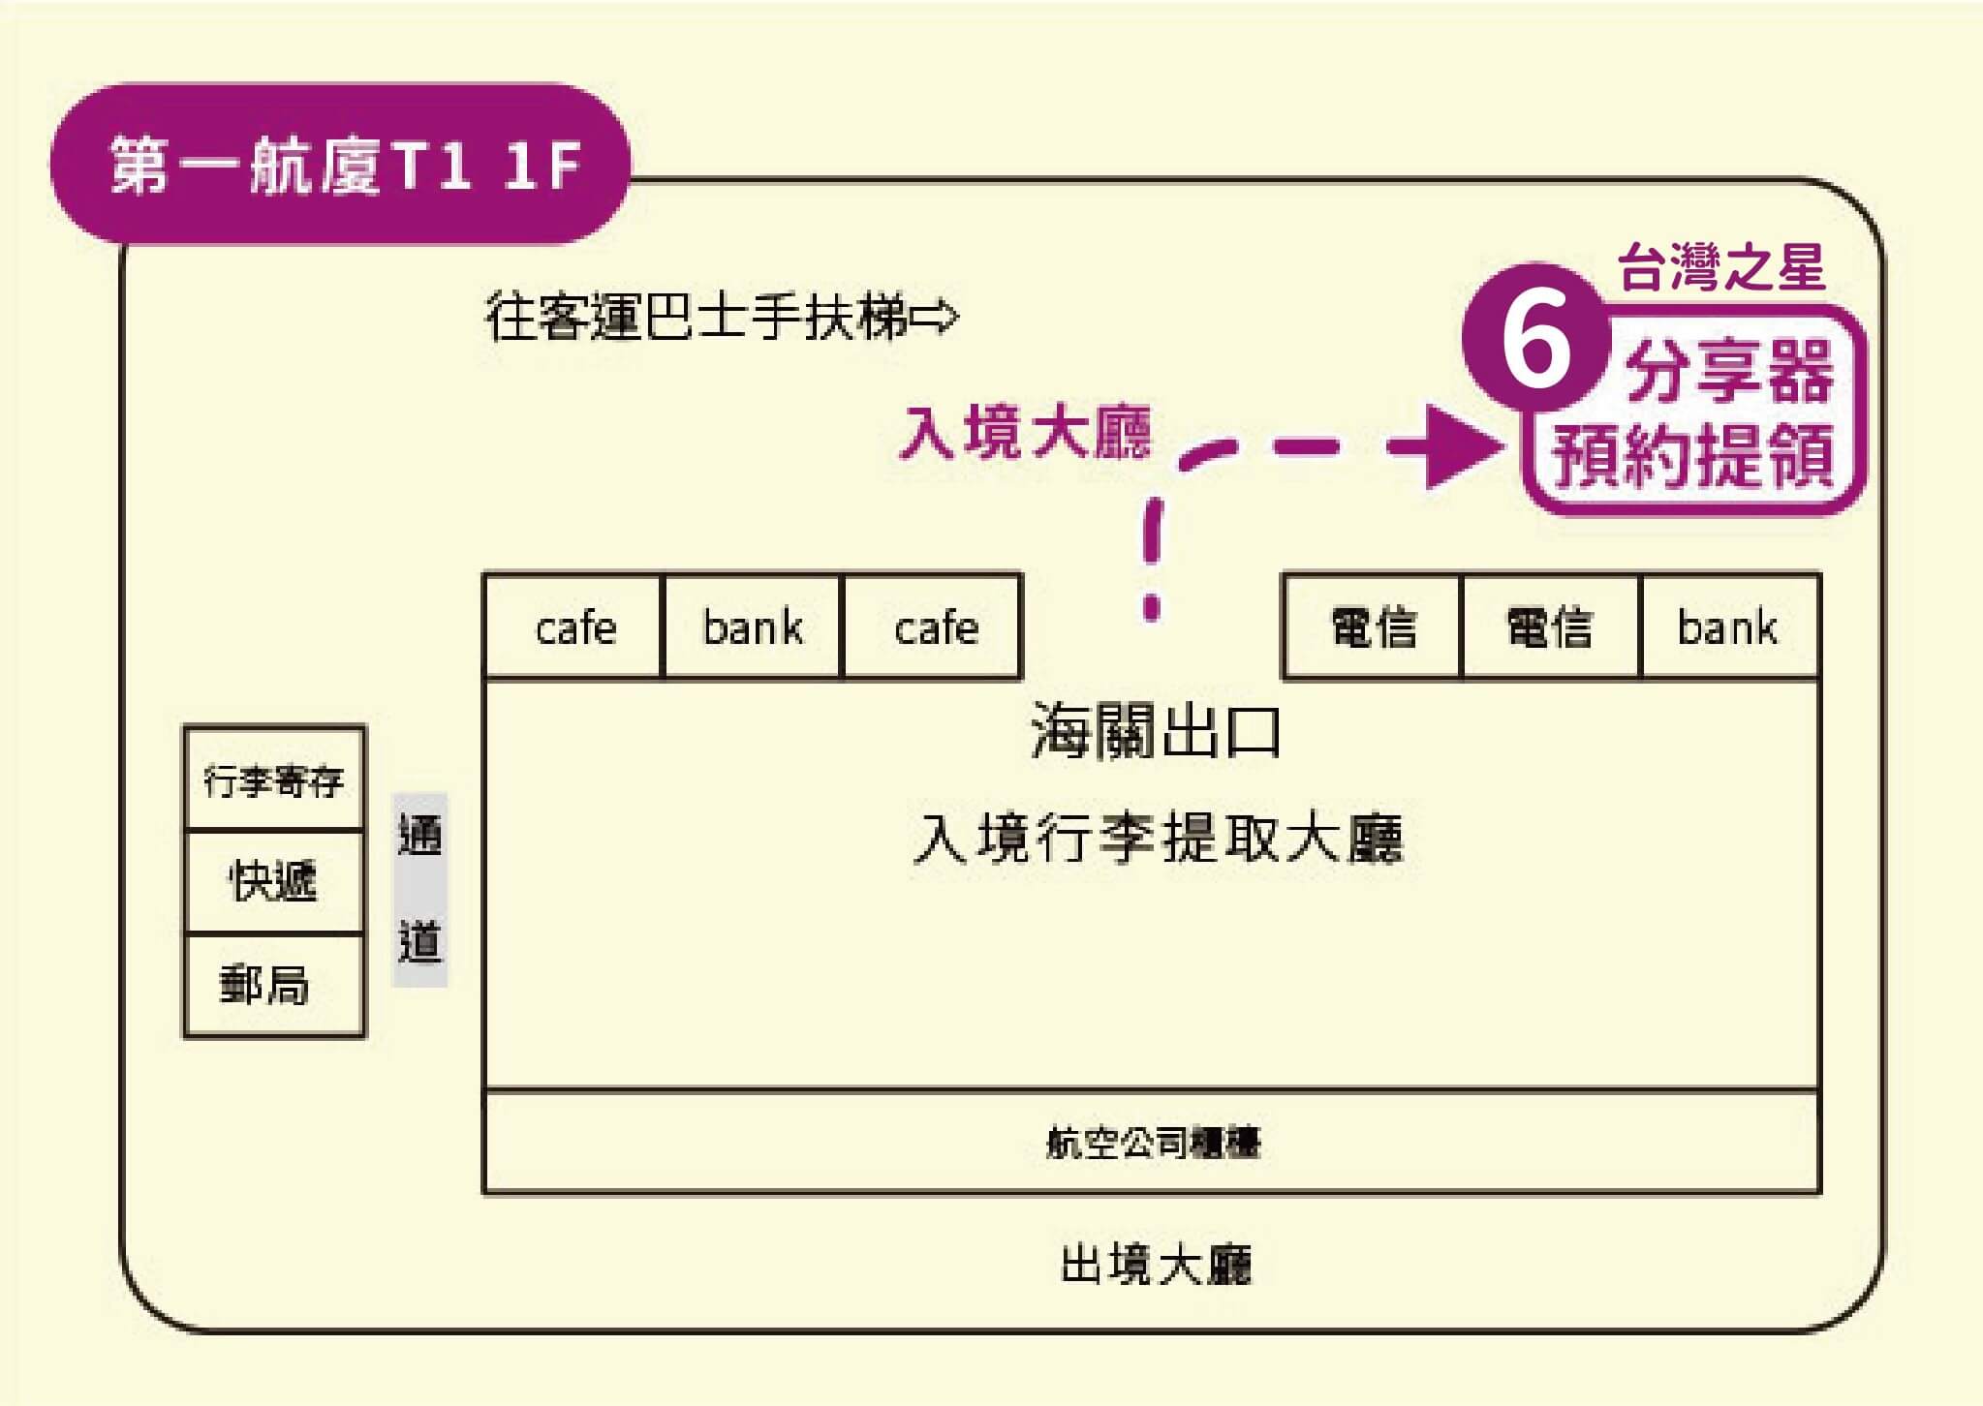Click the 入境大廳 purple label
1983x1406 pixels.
tap(1026, 432)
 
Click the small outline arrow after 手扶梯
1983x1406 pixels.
tap(935, 316)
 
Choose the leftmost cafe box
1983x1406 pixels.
tap(574, 627)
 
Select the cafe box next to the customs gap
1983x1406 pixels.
tap(934, 627)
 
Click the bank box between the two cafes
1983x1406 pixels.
tap(753, 627)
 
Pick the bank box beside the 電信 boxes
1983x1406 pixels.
tap(1728, 627)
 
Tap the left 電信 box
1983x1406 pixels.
tap(1372, 627)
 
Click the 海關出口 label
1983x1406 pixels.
tap(1156, 731)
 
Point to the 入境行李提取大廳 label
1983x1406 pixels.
tap(1158, 838)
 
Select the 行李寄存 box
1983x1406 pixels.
tap(274, 779)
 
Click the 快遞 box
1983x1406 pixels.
tap(274, 881)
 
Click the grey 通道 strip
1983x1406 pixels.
tap(419, 889)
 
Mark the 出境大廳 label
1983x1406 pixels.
tap(1156, 1265)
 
